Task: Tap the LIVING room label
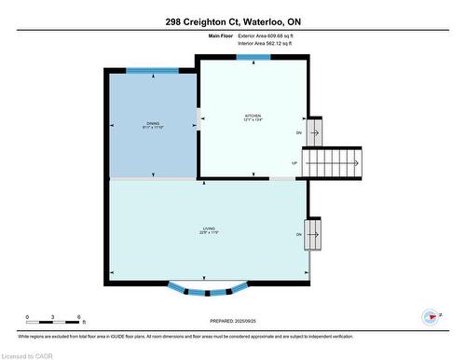click(x=210, y=228)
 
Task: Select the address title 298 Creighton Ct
click(x=232, y=21)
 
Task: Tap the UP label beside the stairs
click(x=295, y=163)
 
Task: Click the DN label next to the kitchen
click(x=298, y=133)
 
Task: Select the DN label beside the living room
click(x=298, y=234)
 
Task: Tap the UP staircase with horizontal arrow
click(x=336, y=163)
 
